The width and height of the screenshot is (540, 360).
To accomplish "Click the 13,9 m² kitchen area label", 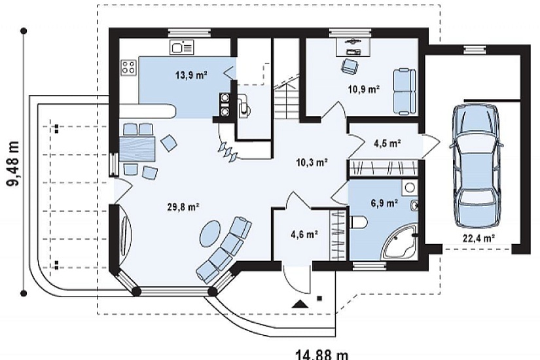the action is [191, 75].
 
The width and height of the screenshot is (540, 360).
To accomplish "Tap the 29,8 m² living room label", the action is [183, 207].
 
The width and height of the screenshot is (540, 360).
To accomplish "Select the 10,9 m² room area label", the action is [364, 90].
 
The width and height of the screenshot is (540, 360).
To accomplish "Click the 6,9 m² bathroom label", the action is [384, 203].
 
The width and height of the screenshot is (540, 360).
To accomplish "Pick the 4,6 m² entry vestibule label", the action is [304, 234].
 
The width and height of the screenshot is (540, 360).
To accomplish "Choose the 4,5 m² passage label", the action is [387, 143].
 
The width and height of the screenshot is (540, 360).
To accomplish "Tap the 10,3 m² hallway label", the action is [312, 162].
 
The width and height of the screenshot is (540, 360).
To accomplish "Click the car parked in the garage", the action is [476, 166].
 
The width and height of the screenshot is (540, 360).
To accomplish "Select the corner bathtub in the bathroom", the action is [401, 243].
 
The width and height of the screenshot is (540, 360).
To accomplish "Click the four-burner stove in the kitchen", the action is [128, 67].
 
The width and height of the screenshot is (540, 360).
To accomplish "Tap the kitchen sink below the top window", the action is [181, 47].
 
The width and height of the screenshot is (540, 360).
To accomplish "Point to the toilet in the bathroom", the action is [358, 222].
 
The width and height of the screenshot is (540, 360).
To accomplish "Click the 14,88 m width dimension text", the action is [322, 355].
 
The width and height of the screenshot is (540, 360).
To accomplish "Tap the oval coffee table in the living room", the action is [209, 233].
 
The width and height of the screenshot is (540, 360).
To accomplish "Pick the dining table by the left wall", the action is [137, 149].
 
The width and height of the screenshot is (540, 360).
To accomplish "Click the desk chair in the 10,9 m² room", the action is [350, 66].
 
